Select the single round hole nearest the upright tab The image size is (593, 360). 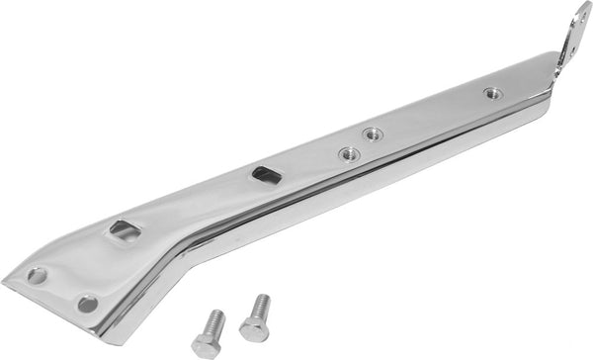click(492, 94)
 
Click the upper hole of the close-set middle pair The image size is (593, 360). click(373, 134)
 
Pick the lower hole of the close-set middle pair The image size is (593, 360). click(348, 152)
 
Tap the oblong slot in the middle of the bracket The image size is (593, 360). click(267, 175)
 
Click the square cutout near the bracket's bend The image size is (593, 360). click(125, 232)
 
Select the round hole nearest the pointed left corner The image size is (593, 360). click(39, 275)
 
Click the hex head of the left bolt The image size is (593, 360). click(208, 345)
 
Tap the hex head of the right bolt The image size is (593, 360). click(253, 329)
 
